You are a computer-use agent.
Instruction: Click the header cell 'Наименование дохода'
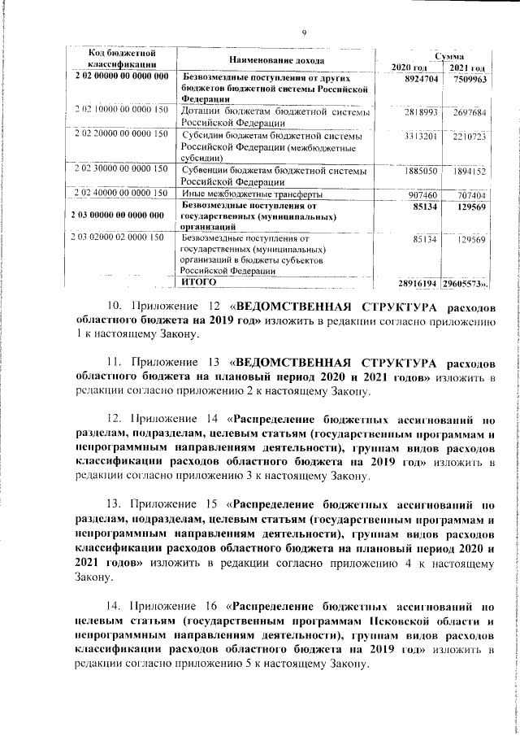[x=276, y=60]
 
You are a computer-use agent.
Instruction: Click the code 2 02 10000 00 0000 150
[x=121, y=109]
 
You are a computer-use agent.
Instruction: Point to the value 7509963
[x=470, y=78]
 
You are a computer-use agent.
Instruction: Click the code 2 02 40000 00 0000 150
[x=121, y=194]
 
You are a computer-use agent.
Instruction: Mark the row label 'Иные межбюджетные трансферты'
[x=248, y=194]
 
